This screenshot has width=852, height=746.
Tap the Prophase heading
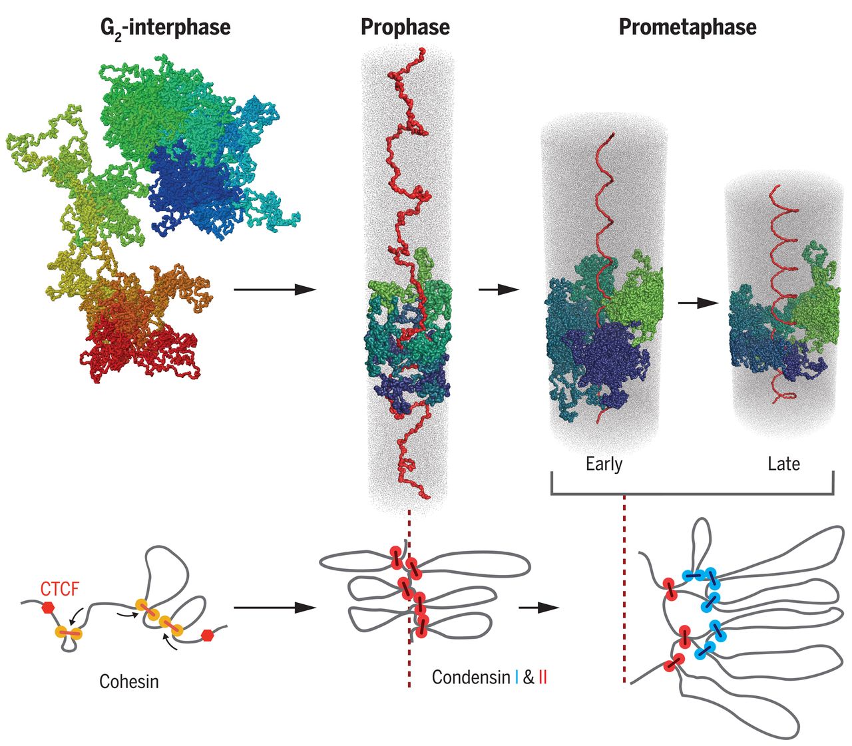pyautogui.click(x=405, y=27)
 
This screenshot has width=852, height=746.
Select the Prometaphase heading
pyautogui.click(x=687, y=27)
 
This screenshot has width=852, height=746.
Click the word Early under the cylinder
pyautogui.click(x=604, y=463)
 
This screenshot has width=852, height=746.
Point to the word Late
pyautogui.click(x=783, y=463)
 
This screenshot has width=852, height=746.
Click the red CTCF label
pyautogui.click(x=60, y=589)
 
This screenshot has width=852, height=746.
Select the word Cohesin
pyautogui.click(x=129, y=681)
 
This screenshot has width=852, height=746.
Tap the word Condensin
pyautogui.click(x=471, y=677)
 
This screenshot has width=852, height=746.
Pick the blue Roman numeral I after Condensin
pyautogui.click(x=517, y=677)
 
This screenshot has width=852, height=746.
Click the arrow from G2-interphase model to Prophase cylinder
pyautogui.click(x=274, y=289)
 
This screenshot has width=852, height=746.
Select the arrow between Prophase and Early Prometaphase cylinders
pyautogui.click(x=499, y=289)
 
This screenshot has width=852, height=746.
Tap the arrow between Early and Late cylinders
pyautogui.click(x=698, y=303)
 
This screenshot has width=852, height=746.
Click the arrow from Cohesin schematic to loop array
pyautogui.click(x=274, y=608)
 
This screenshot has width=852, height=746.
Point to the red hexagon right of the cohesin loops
pyautogui.click(x=208, y=634)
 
